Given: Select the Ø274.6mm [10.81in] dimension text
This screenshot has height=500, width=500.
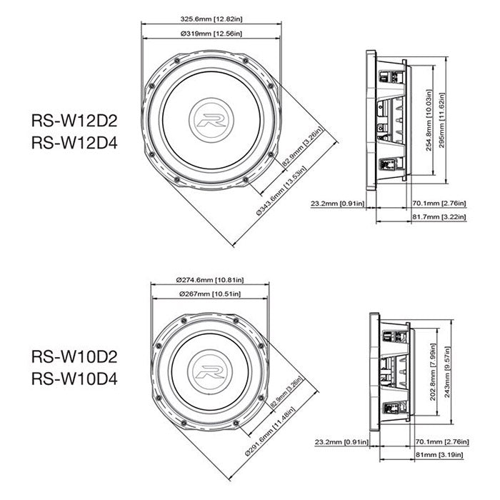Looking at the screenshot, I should coord(209,279).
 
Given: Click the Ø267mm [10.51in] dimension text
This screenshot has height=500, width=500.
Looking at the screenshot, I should coord(209,294).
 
